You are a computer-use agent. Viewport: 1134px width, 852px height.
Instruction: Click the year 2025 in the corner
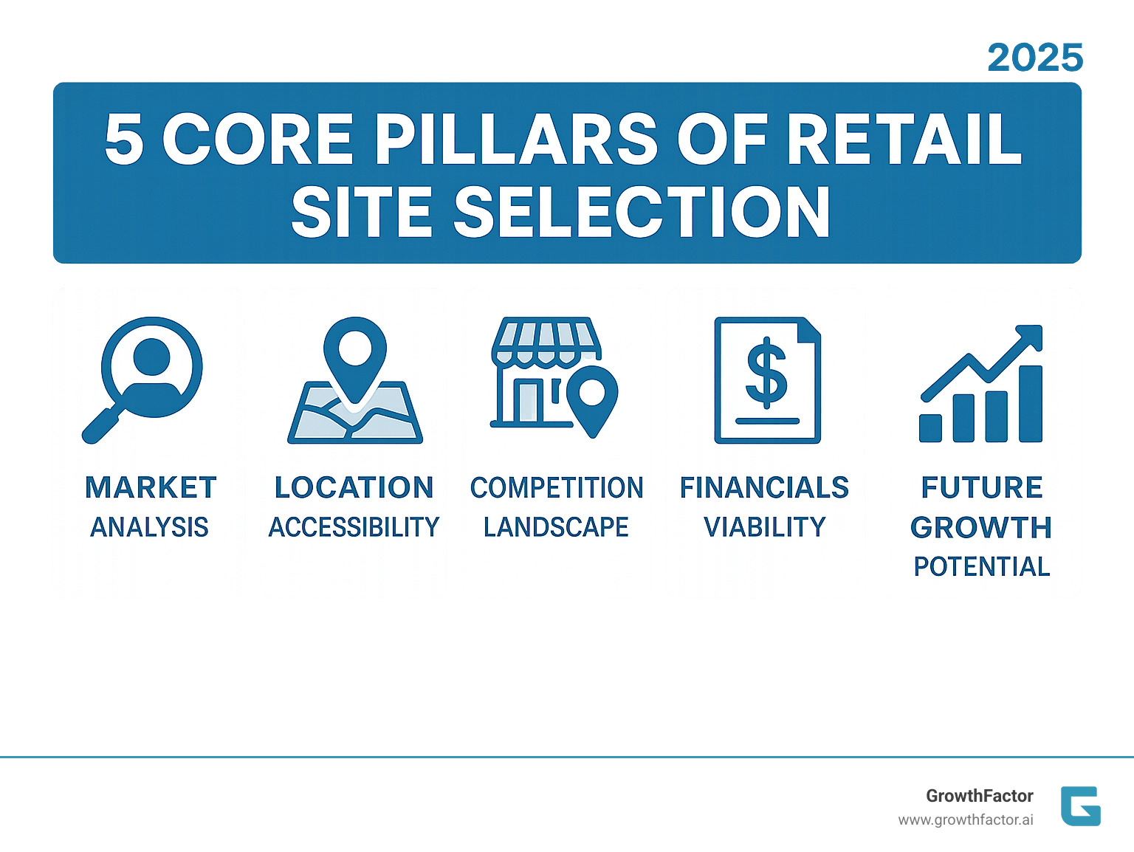coord(1035,58)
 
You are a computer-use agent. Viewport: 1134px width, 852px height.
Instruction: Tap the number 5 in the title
coord(124,139)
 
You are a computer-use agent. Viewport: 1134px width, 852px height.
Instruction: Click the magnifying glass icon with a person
coord(145,377)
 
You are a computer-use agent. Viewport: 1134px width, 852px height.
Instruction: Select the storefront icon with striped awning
coord(546,373)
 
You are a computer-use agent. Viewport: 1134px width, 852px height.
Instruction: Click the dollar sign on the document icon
coord(767,373)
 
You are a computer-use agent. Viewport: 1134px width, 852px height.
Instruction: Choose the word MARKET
coord(151,488)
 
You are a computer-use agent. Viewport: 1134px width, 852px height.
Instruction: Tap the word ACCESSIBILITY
coord(354,527)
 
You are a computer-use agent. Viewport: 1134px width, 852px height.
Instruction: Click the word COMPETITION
coord(557,488)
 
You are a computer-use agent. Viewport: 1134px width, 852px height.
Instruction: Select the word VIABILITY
coord(765,527)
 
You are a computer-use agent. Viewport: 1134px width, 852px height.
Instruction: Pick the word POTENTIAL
coord(981,566)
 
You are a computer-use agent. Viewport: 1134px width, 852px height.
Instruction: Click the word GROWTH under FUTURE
coord(981,527)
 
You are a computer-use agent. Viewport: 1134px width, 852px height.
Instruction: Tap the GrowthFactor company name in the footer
coord(979,796)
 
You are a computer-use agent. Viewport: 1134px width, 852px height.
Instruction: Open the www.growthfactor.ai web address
coord(966,820)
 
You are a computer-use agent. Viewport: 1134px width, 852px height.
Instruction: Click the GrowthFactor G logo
coord(1080,806)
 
